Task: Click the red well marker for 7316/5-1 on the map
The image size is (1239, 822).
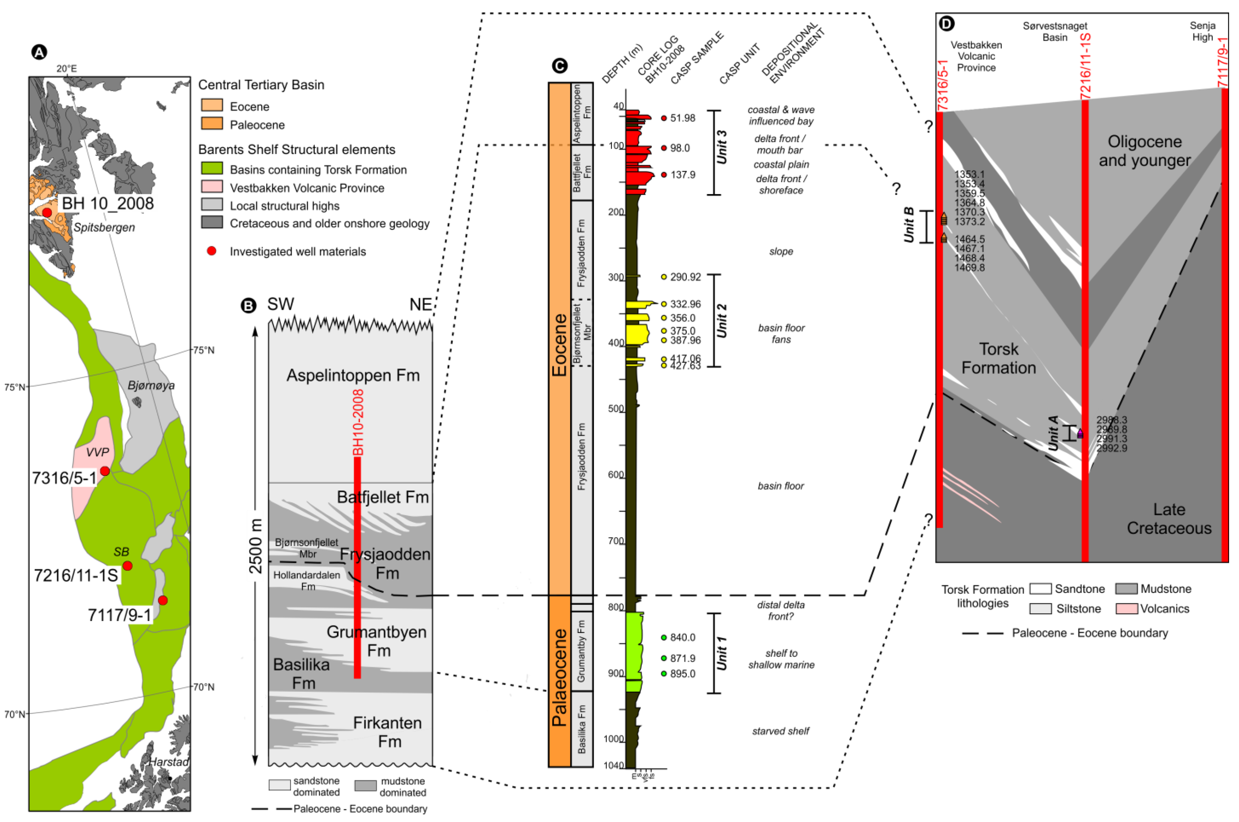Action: (105, 471)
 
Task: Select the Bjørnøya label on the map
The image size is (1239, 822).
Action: (151, 385)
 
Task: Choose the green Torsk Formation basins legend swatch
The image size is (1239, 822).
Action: (212, 169)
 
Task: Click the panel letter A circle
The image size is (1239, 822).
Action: (39, 52)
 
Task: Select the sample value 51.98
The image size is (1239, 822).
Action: (682, 118)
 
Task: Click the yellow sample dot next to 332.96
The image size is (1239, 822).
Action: (664, 304)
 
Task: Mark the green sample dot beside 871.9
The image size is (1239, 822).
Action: (664, 658)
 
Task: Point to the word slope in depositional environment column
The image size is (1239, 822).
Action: (781, 252)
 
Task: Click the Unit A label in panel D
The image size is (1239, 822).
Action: (1053, 433)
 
